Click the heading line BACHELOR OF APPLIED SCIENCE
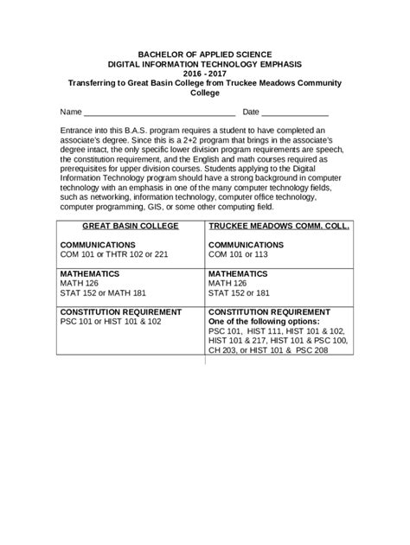pyautogui.click(x=205, y=52)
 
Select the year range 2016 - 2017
pyautogui.click(x=205, y=73)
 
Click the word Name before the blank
pyautogui.click(x=70, y=113)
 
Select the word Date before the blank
pyautogui.click(x=251, y=113)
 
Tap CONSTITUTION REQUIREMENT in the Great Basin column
pyautogui.click(x=120, y=311)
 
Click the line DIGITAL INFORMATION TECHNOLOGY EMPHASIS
pyautogui.click(x=205, y=62)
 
